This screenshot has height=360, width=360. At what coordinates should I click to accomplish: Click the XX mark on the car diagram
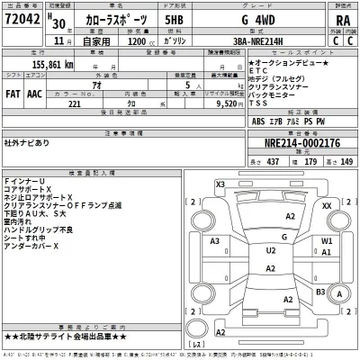pos(327,206)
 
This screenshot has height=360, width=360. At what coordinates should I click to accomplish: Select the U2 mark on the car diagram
pos(271,250)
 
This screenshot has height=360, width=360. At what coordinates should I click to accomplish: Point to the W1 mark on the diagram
pos(328,242)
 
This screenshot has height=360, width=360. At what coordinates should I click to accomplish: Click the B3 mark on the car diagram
pos(321,292)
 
